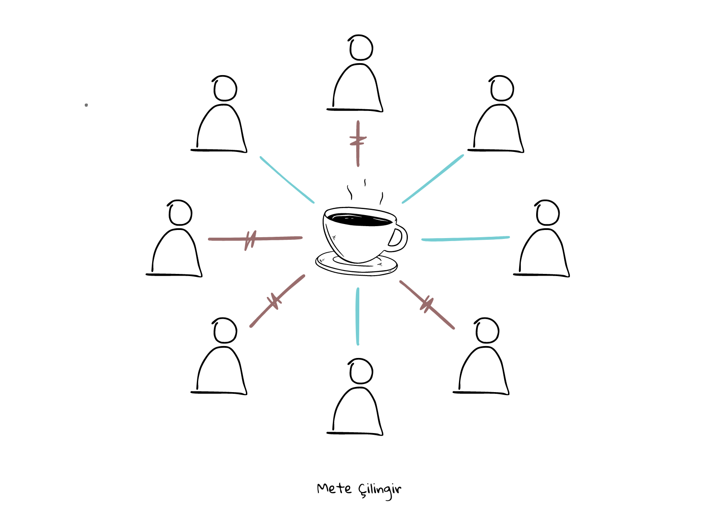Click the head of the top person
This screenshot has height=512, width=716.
(x=361, y=48)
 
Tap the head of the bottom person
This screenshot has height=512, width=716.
(x=361, y=371)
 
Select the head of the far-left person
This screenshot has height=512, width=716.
(x=180, y=213)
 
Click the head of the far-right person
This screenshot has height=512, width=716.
(x=548, y=213)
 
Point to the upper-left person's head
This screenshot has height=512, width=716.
(x=225, y=89)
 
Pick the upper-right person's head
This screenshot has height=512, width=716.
(x=502, y=89)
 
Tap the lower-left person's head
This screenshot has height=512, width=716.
(x=225, y=331)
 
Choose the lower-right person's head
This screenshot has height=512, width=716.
(x=487, y=331)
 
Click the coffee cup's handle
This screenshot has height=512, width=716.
(x=399, y=238)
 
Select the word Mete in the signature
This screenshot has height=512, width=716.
(x=334, y=489)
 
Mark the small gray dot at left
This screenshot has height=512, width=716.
(x=86, y=105)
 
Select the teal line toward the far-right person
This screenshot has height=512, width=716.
(x=465, y=239)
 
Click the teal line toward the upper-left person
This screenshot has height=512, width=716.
(x=287, y=180)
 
